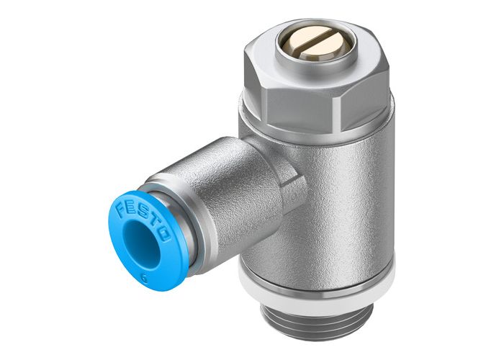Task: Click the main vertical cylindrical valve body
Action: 338,194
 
